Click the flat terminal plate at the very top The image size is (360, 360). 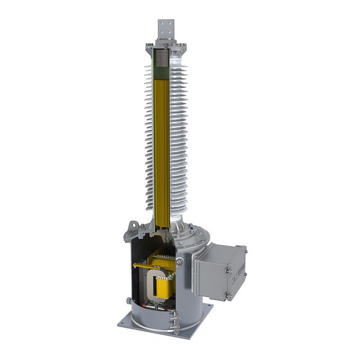[166, 29]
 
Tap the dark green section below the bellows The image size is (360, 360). [162, 73]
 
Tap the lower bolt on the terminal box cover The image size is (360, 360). [228, 295]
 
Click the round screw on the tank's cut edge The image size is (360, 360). [179, 262]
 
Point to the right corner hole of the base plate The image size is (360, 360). [208, 307]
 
